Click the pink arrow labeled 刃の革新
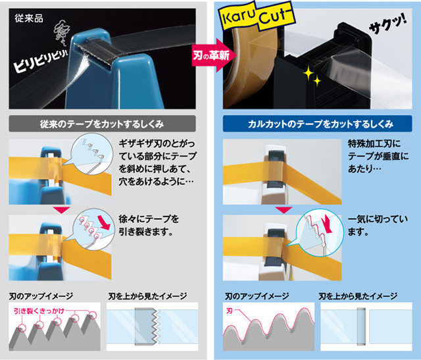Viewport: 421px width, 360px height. pos(214,55)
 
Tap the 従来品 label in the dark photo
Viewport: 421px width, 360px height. pos(29,18)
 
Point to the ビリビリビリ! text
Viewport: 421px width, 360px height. pos(40,61)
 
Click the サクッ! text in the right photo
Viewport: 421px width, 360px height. pos(387,25)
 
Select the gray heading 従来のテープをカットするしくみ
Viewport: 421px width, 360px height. pos(102,124)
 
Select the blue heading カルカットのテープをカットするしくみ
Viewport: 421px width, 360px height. pos(317,124)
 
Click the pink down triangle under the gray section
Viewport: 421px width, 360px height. pos(61,210)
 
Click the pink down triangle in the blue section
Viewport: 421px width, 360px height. pos(284,210)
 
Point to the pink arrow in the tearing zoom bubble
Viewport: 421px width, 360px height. pos(104,222)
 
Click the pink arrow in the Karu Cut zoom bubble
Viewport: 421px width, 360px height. pos(328,224)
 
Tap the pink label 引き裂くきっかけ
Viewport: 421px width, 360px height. pos(39,311)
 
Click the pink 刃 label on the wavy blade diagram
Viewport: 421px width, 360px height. pos(230,311)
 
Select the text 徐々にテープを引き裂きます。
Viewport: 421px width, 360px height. pos(149,225)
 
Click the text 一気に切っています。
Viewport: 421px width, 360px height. pos(378,225)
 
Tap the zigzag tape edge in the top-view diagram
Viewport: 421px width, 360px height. pos(157,326)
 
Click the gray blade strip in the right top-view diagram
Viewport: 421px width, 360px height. pos(361,326)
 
